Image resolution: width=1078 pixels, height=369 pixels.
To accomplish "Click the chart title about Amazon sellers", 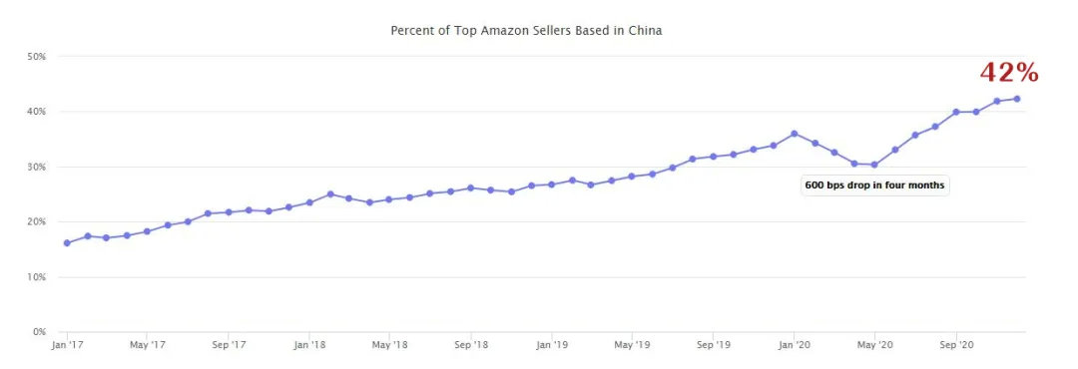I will [526, 31].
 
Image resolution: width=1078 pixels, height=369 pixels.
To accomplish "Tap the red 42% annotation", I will [1009, 73].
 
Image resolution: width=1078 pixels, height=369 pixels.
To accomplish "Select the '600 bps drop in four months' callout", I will [874, 185].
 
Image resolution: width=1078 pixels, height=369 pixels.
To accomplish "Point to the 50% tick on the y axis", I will [37, 57].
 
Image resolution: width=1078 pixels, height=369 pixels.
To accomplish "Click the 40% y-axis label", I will [37, 112].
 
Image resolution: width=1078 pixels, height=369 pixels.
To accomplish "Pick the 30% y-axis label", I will [37, 167].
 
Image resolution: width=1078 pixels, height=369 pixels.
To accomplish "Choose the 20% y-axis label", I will [37, 221].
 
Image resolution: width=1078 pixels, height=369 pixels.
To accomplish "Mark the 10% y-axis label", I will [37, 276].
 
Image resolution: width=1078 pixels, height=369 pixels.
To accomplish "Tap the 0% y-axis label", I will [40, 331].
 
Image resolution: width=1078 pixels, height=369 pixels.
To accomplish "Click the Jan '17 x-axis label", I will [66, 346].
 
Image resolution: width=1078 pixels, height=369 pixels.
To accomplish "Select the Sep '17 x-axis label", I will [229, 346].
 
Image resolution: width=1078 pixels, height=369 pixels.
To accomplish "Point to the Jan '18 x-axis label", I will [309, 346].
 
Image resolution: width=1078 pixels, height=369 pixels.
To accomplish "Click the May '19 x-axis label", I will [632, 346].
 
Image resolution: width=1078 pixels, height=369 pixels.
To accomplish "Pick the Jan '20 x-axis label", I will [795, 346].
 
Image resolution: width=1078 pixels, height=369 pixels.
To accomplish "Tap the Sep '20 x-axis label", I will [956, 346].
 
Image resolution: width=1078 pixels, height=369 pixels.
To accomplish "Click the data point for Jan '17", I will [67, 242].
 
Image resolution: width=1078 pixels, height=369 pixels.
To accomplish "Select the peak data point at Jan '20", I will [795, 134].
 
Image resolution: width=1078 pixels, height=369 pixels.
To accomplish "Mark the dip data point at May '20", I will [874, 165].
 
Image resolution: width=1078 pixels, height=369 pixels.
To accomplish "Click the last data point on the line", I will [1017, 99].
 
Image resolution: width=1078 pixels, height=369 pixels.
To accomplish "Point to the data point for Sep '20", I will [956, 112].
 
